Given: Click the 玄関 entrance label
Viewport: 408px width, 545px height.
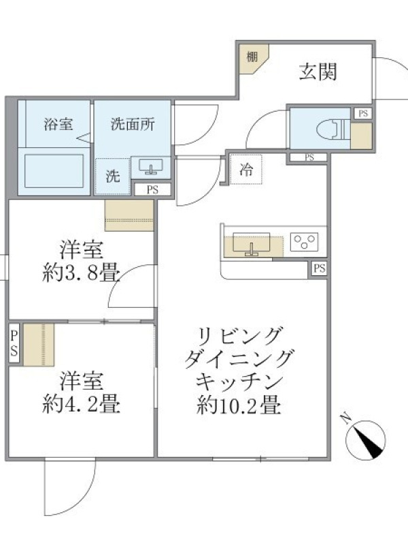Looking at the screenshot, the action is [318, 72].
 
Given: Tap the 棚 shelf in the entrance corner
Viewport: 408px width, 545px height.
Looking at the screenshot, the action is [255, 59].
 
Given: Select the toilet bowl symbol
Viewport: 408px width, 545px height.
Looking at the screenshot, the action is [332, 129].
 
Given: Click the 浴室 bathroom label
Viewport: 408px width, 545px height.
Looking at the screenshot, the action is [58, 124].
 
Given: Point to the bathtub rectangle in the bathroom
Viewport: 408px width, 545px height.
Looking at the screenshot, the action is [54, 171].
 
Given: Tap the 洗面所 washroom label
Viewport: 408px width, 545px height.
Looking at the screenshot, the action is [133, 124].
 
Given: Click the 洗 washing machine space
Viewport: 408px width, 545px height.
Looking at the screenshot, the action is [113, 176].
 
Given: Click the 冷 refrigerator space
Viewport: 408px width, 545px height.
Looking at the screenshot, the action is [246, 170].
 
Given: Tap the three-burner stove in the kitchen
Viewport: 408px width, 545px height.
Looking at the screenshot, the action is [304, 241].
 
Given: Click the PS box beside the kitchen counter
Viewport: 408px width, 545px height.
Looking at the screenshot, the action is [319, 268].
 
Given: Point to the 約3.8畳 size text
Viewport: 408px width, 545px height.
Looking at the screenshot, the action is [81, 273].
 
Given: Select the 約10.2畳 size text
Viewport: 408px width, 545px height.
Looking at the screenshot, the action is [239, 405].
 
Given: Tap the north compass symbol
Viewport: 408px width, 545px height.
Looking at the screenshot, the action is [365, 439].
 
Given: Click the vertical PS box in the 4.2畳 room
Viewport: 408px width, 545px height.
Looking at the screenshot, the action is [14, 343].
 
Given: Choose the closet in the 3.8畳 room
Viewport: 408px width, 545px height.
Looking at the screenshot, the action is [129, 215].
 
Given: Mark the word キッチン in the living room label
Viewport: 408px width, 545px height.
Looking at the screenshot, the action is [239, 382].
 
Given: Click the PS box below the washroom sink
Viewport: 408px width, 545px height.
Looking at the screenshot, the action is [152, 190].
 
